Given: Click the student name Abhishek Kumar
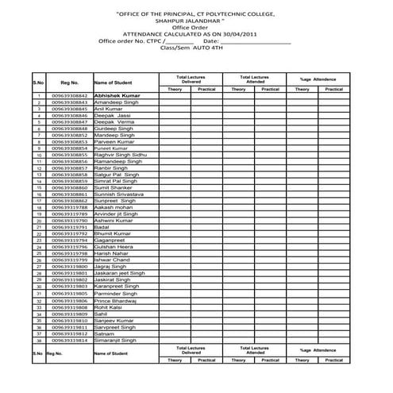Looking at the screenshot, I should (117, 95).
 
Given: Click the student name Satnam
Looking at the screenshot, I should (105, 333).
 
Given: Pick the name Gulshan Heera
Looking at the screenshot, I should (114, 247).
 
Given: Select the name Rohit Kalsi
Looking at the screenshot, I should (110, 307).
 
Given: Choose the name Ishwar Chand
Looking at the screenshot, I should (111, 260).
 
